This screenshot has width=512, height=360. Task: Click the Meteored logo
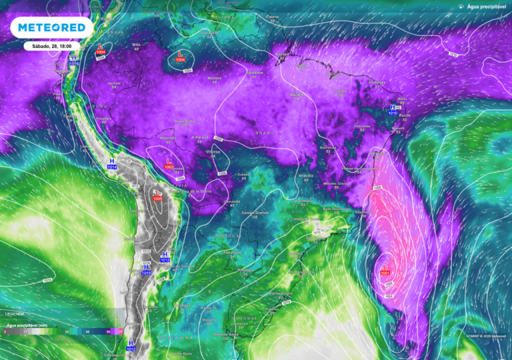coord(52,27)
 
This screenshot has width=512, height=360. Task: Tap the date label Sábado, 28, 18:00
coord(52,47)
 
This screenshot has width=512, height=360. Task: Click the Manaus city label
coord(214,78)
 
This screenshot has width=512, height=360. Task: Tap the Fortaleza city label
coord(377,83)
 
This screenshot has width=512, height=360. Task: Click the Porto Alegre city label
coord(281,293)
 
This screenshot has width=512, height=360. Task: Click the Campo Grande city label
coord(254,213)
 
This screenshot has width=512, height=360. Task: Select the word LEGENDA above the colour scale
coord(15,313)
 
